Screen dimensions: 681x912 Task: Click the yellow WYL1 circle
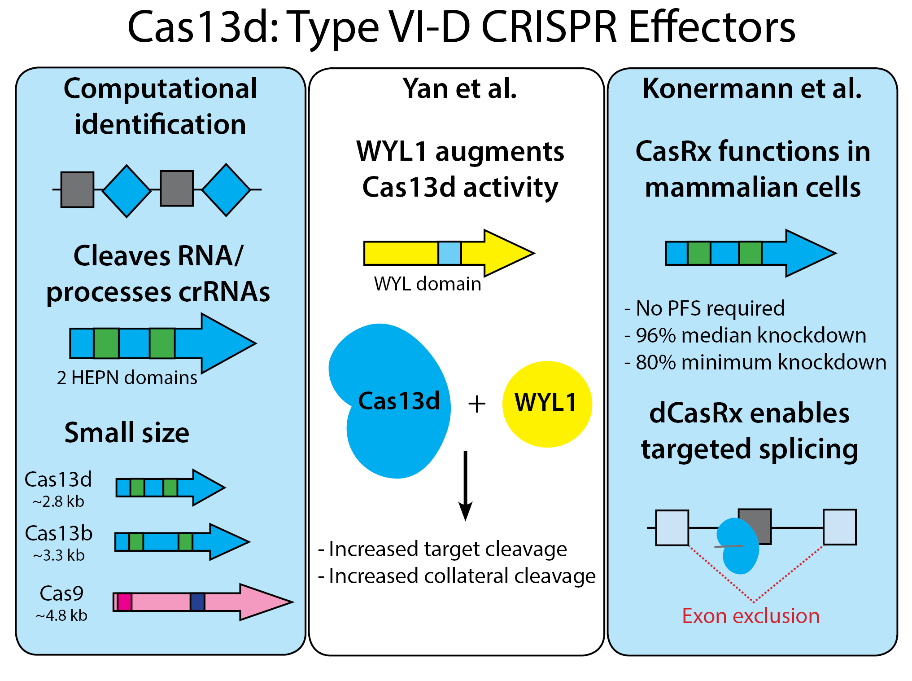546,404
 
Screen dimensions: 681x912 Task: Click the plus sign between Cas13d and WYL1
477,404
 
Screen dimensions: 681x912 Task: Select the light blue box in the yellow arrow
449,253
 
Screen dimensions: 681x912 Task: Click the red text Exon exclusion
751,616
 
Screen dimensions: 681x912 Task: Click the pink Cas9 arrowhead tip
287,602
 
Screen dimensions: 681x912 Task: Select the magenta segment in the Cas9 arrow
124,602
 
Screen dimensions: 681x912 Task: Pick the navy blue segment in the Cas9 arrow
197,602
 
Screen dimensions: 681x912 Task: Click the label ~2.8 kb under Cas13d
58,501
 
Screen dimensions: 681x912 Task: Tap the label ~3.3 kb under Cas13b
59,555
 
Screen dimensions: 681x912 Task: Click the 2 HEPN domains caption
127,378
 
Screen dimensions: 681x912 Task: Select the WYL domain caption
427,284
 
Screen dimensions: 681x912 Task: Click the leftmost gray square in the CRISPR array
77,189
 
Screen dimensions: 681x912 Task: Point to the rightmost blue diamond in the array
226,189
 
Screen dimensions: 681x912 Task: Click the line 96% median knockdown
746,335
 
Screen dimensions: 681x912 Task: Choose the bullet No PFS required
705,308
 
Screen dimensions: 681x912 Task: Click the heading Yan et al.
459,88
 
